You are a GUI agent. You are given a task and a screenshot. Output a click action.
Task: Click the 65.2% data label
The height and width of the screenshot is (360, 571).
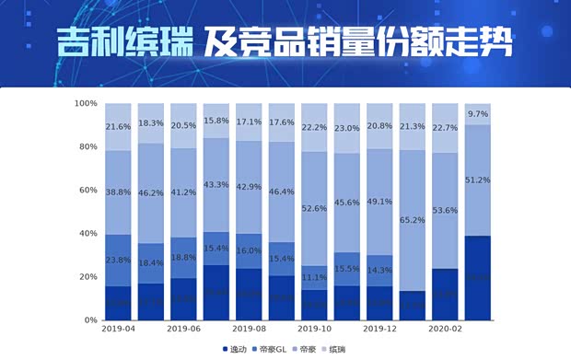click(412, 220)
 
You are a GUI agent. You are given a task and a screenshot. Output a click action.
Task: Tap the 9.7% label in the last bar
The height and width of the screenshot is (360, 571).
click(477, 114)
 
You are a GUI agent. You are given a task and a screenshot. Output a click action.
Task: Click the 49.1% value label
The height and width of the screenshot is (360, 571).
click(379, 202)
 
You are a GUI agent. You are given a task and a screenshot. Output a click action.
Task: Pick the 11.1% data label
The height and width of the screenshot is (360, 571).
click(314, 277)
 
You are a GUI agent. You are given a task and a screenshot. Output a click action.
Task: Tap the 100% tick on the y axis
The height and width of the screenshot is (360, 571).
click(85, 103)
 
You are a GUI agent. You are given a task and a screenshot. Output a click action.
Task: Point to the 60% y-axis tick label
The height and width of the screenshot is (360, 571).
click(87, 190)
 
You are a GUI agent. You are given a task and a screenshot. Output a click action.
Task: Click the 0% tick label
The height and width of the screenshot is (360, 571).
click(89, 319)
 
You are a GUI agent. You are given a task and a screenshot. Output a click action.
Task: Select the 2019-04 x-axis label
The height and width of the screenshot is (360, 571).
click(118, 328)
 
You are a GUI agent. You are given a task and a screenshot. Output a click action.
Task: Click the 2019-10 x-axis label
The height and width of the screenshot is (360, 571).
click(314, 328)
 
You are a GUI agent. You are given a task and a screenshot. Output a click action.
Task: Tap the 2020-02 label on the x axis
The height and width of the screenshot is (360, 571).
click(445, 328)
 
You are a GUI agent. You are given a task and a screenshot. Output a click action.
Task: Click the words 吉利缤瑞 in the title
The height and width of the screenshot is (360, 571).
click(124, 42)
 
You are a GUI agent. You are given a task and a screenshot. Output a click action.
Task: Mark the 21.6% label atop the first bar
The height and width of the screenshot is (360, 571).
click(118, 126)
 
